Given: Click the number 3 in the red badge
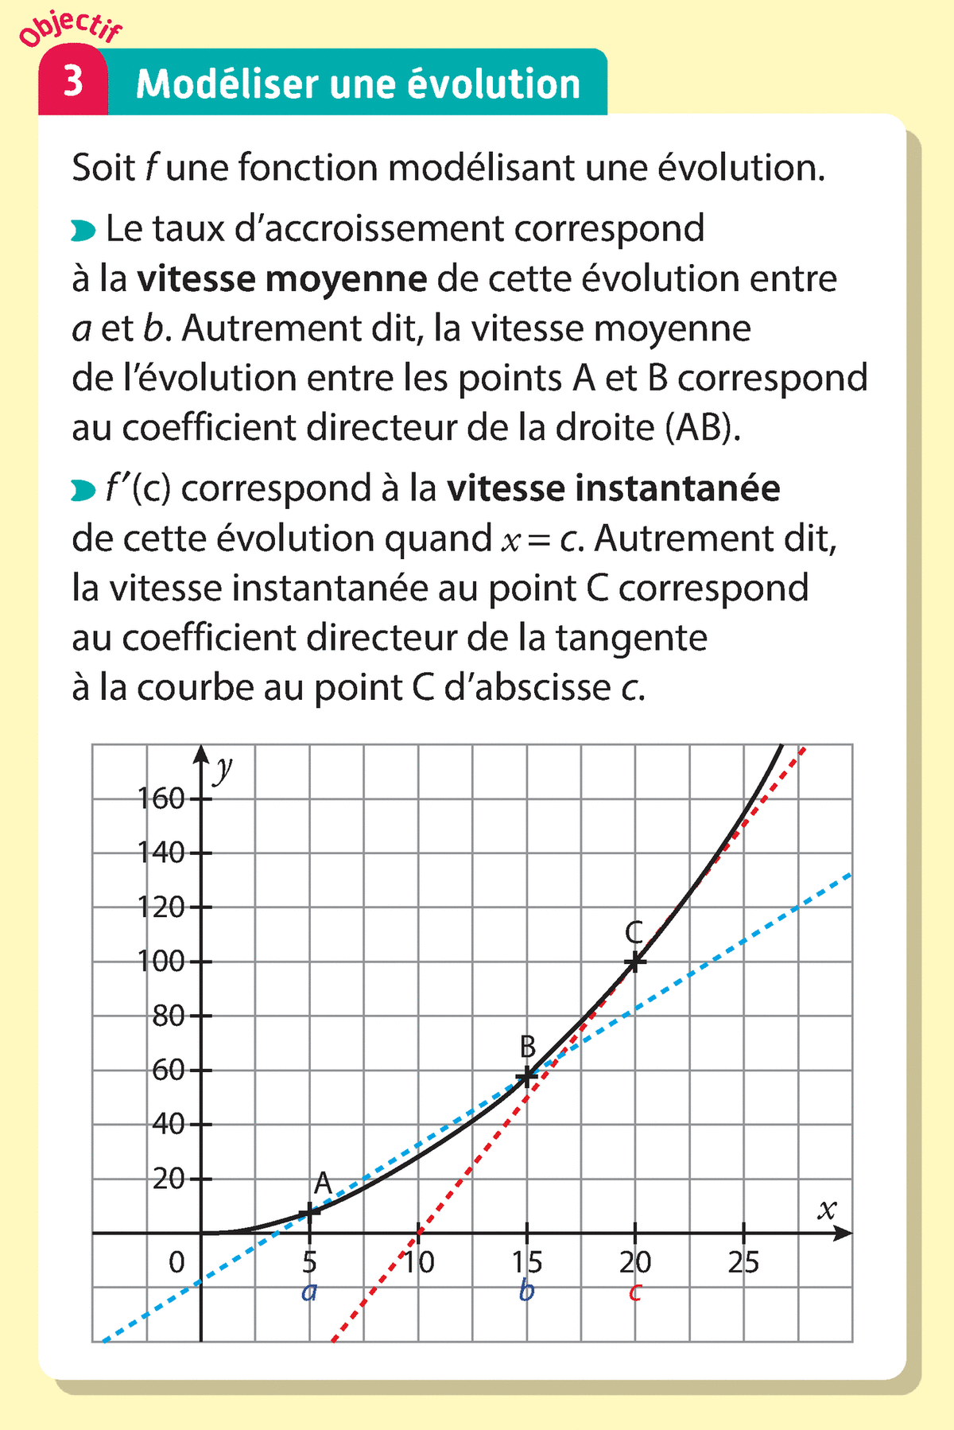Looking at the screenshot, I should [73, 82].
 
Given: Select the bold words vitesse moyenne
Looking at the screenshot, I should [282, 278].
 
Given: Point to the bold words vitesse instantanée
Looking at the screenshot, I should [613, 488].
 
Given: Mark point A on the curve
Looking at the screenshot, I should [309, 1212].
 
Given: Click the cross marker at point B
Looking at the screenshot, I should [526, 1077].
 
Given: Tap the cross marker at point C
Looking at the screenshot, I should [634, 962].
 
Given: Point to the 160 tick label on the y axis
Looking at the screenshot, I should [161, 798].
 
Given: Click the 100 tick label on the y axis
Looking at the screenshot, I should [161, 962].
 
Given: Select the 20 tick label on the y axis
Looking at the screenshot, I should [169, 1179].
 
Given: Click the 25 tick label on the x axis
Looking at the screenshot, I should [743, 1262].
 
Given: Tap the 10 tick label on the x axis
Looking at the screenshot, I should [419, 1262].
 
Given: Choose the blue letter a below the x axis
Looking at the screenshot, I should [309, 1292].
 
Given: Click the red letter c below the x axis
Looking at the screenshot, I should [634, 1292].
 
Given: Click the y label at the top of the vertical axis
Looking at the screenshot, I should [224, 767].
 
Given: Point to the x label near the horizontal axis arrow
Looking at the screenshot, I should [827, 1210].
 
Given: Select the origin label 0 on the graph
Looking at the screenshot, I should [176, 1262].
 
